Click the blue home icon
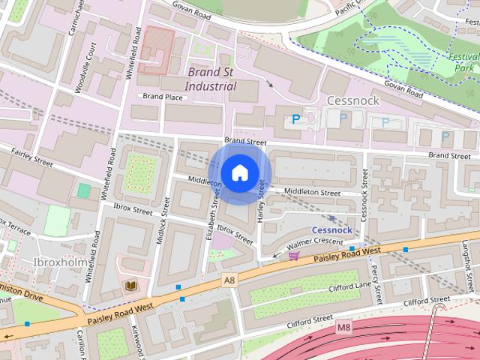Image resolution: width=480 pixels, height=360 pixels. tap(239, 172)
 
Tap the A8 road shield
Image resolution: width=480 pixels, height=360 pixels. tap(229, 280)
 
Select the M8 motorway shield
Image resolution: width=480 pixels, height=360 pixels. tap(344, 327)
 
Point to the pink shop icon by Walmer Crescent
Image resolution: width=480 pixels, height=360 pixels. tap(293, 256)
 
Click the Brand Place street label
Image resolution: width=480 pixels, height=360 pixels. tap(163, 97)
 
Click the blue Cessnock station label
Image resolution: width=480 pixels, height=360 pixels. tap(332, 229)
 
